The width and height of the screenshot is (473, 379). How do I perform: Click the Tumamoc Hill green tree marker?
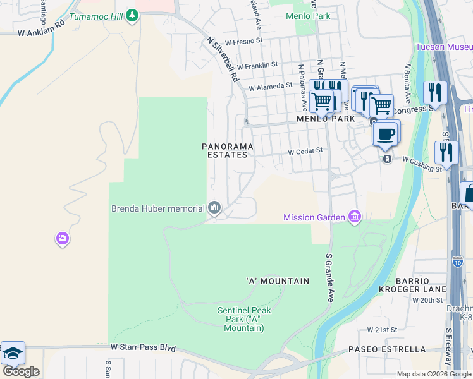(x=132, y=15)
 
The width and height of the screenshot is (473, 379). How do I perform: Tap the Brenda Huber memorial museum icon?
(x=214, y=208)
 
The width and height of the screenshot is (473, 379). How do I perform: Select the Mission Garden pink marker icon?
(x=354, y=217)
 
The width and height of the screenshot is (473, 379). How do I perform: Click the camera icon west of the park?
(x=62, y=238)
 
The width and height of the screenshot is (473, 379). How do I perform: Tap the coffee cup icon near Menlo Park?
(x=386, y=134)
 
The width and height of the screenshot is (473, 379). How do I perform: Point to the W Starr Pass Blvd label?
(x=142, y=347)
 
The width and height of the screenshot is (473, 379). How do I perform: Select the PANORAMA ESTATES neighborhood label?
(x=228, y=150)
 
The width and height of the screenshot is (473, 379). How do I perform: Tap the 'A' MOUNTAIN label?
(x=278, y=280)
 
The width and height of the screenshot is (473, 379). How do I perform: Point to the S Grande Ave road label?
(x=329, y=278)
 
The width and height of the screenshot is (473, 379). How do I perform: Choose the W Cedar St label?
(x=305, y=152)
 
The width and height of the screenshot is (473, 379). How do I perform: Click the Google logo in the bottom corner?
(x=21, y=371)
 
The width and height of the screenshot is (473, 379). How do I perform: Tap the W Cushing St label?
(x=422, y=168)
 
